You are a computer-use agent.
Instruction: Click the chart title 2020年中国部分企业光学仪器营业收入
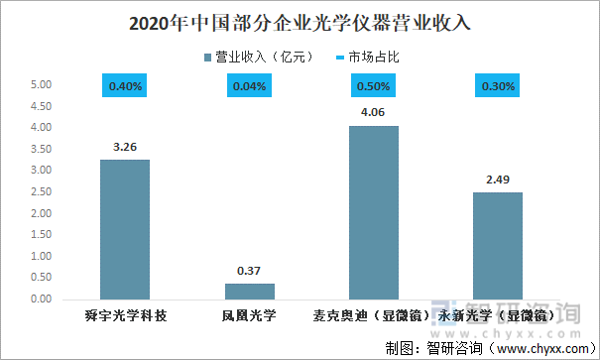pyautogui.click(x=300, y=21)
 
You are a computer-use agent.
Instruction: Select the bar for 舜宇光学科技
pyautogui.click(x=125, y=229)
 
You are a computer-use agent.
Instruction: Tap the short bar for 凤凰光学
pyautogui.click(x=249, y=291)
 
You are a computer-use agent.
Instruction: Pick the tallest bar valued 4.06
pyautogui.click(x=374, y=212)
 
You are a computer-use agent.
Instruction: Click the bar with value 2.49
pyautogui.click(x=498, y=245)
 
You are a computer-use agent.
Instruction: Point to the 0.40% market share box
pyautogui.click(x=125, y=86)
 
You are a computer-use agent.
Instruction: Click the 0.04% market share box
pyautogui.click(x=249, y=86)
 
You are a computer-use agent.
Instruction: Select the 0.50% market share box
pyautogui.click(x=374, y=86)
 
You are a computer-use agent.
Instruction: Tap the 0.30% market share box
pyautogui.click(x=498, y=86)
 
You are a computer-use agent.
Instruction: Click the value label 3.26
pyautogui.click(x=125, y=147)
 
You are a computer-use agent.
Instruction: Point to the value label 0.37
pyautogui.click(x=249, y=271)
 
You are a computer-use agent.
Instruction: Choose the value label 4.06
pyautogui.click(x=374, y=113)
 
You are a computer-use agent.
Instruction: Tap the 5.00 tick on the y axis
pyautogui.click(x=41, y=85)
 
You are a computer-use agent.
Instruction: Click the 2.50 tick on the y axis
pyautogui.click(x=41, y=191)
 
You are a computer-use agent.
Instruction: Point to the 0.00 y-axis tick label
pyautogui.click(x=41, y=299)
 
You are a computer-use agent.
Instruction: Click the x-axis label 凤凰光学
pyautogui.click(x=249, y=316)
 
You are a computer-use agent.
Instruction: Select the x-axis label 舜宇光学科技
pyautogui.click(x=125, y=316)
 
